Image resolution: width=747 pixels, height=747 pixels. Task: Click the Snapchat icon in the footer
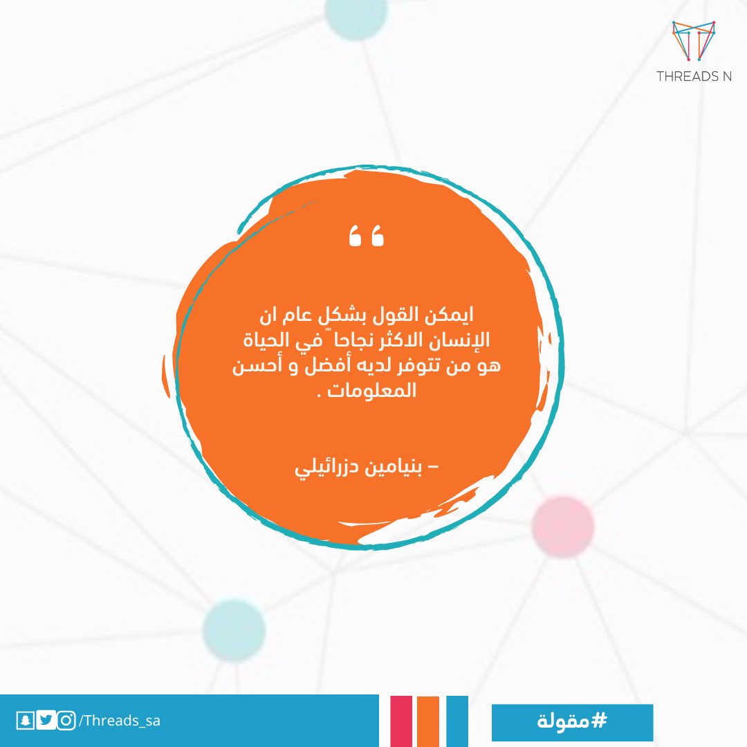click(26, 721)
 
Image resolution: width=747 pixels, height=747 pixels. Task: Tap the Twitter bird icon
click(46, 721)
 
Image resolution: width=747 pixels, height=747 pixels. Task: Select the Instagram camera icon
click(66, 721)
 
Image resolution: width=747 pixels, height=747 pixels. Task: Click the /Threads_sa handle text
click(120, 721)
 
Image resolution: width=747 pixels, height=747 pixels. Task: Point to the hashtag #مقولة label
click(571, 722)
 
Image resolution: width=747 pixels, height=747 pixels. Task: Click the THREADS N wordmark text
click(694, 77)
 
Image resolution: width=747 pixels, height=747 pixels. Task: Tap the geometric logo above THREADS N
click(694, 41)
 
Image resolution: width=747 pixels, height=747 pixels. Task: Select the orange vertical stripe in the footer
click(429, 721)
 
